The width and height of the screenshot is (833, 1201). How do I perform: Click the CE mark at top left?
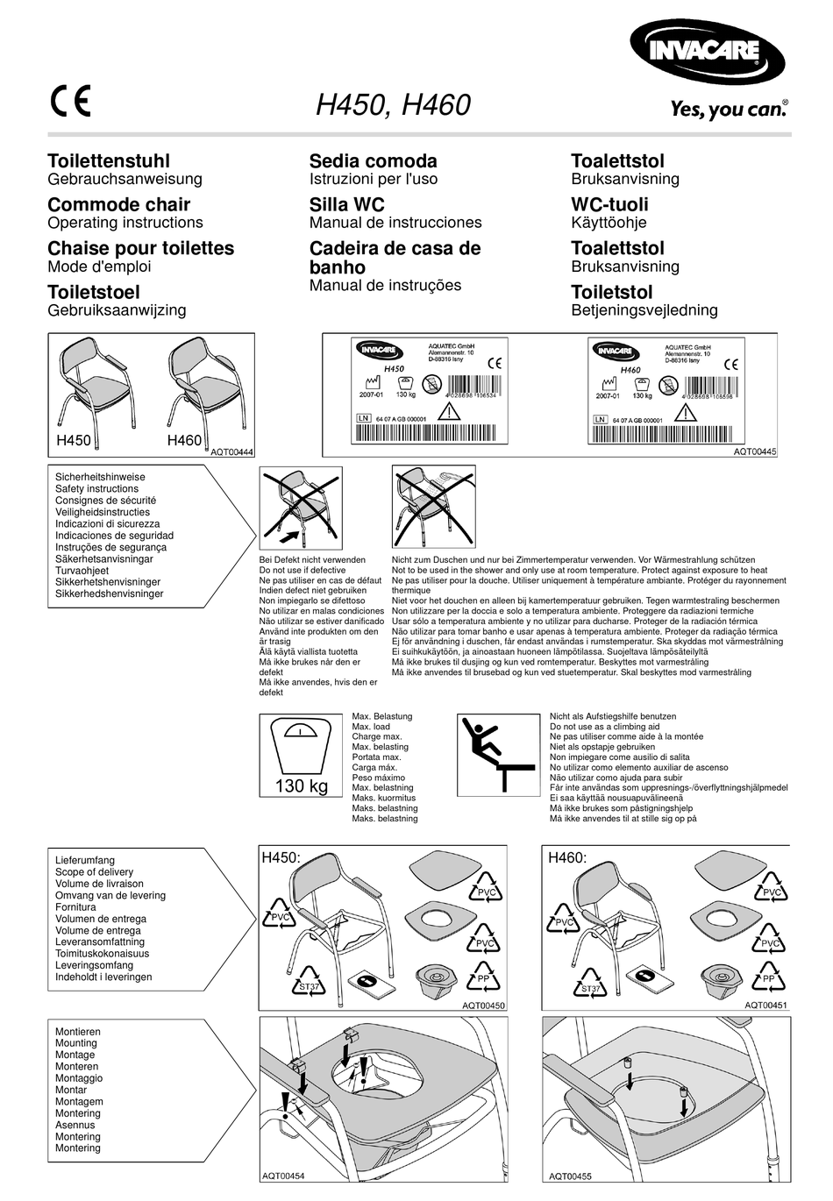(69, 101)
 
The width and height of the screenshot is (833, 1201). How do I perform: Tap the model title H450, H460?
(393, 105)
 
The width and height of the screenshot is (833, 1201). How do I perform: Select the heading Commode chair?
(118, 204)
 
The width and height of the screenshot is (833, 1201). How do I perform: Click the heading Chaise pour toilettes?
(140, 248)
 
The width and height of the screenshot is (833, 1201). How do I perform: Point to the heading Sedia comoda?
(373, 160)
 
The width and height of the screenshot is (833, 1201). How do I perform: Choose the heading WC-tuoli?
(609, 204)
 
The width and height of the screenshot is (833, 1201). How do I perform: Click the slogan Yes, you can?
(729, 109)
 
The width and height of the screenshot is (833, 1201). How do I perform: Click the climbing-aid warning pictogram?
(498, 755)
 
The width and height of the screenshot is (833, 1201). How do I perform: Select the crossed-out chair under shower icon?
(433, 507)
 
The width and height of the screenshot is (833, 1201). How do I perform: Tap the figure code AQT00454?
(283, 1176)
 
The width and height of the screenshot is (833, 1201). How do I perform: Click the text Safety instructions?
(96, 489)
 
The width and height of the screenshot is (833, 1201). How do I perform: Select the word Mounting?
(76, 1043)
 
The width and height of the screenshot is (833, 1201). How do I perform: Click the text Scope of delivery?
(94, 872)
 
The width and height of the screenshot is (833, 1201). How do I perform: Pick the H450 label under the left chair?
(74, 440)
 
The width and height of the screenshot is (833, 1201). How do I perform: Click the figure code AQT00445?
(755, 451)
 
